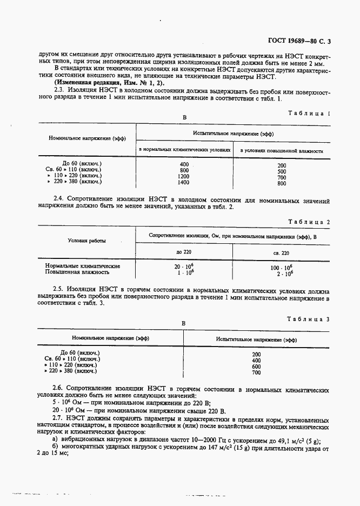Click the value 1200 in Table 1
(184, 176)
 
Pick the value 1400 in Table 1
(184, 183)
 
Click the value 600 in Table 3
(256, 366)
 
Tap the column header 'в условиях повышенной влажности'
(282, 150)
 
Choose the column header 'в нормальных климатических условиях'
(185, 150)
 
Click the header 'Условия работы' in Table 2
(86, 241)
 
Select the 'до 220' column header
(184, 252)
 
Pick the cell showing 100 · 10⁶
(282, 267)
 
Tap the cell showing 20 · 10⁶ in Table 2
(184, 267)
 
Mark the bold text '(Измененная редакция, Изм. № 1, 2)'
(102, 82)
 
